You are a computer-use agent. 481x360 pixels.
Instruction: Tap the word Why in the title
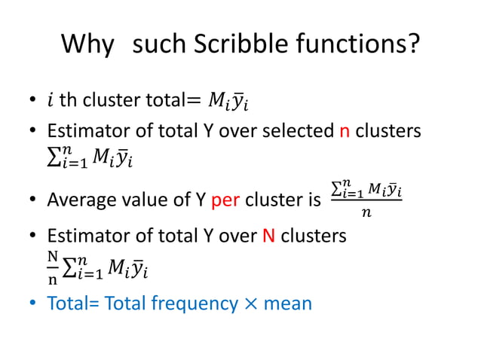coord(87,47)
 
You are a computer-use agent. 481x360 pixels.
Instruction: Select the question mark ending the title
coord(412,47)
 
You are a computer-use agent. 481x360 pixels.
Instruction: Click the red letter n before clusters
coord(344,131)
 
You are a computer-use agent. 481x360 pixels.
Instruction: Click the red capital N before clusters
coord(268,236)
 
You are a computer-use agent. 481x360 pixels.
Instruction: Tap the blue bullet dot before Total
coord(33,304)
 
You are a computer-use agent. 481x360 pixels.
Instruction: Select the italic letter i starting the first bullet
coord(51,99)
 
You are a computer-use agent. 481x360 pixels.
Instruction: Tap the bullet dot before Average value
coord(33,201)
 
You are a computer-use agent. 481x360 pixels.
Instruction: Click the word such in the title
coord(158,47)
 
